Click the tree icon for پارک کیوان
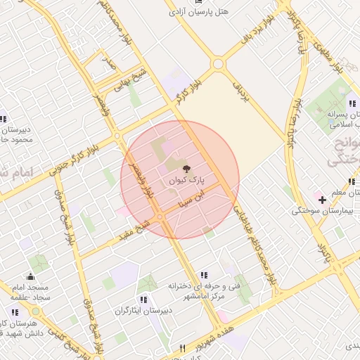point(186,169)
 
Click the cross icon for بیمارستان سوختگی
point(322,200)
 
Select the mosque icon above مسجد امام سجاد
point(30,277)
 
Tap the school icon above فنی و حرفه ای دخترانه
point(204,275)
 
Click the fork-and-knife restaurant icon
point(184,347)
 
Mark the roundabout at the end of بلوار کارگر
point(218,65)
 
